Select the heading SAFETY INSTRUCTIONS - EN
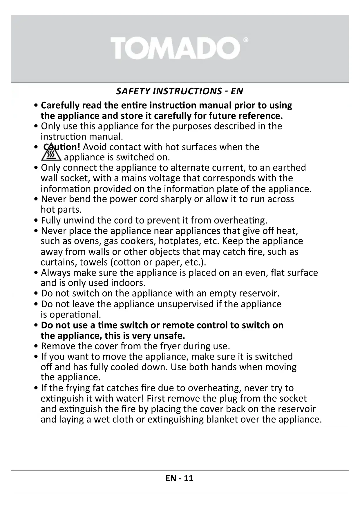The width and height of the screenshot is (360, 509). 180,91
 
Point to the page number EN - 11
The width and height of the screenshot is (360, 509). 180,478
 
